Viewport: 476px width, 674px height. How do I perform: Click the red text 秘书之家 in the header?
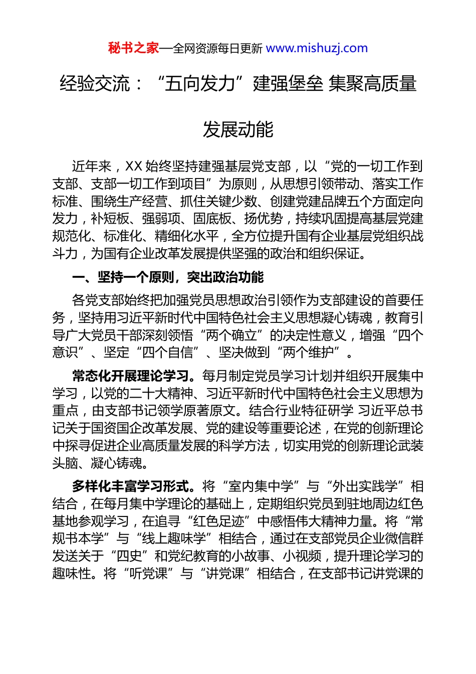[x=133, y=48]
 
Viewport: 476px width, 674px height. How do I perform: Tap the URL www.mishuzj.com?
[x=317, y=48]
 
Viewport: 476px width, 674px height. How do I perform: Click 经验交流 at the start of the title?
[x=95, y=83]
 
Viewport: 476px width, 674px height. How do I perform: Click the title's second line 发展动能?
[x=238, y=129]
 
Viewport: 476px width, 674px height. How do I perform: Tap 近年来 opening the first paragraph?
[x=91, y=166]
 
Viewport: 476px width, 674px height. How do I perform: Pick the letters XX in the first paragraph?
[x=133, y=166]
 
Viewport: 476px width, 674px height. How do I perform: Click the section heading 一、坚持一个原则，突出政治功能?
[x=168, y=277]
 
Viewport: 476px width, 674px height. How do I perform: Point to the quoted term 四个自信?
[x=168, y=353]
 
